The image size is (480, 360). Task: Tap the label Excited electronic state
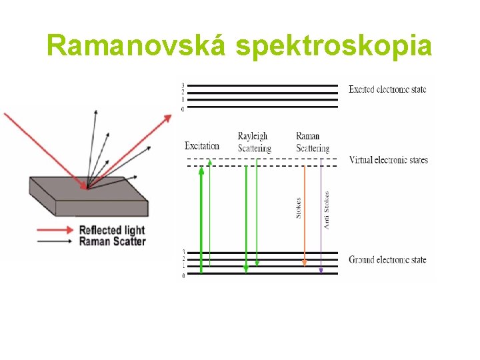pos(387,89)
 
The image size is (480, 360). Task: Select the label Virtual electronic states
pos(388,160)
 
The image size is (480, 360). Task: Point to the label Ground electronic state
pos(387,260)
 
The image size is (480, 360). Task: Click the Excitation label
pos(202,146)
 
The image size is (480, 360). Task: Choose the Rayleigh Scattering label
pos(254,142)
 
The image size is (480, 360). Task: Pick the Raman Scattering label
pos(312,142)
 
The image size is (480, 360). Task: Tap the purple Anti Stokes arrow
pos(321,220)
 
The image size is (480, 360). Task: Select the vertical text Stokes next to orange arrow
pos(298,207)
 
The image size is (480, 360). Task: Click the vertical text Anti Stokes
pos(327,211)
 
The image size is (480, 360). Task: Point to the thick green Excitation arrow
pos(201,220)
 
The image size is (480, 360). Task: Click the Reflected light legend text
pos(112,230)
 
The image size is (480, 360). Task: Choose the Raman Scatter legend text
pos(112,241)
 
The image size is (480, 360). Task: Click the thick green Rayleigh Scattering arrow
pos(246,220)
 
